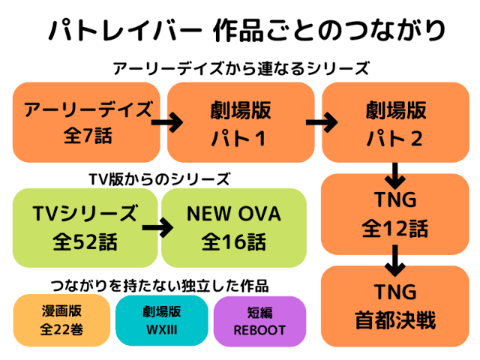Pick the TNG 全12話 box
[x=395, y=214]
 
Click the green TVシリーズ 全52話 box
[x=85, y=227]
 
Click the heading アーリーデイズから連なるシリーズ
[x=240, y=69]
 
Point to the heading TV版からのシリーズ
[x=159, y=178]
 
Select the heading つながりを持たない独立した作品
[x=159, y=286]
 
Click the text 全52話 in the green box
[x=85, y=241]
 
